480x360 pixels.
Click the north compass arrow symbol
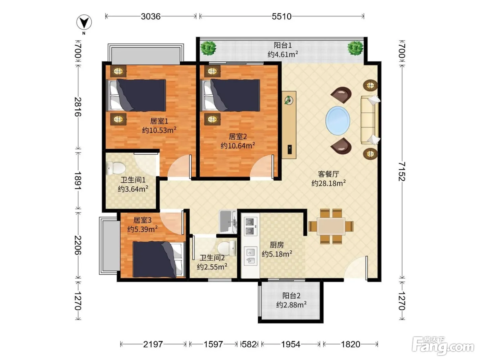click(x=84, y=22)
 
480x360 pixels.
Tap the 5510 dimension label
click(x=281, y=16)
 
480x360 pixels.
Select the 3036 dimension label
click(x=151, y=16)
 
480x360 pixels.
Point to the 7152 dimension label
click(x=402, y=171)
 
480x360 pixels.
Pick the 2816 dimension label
click(x=78, y=107)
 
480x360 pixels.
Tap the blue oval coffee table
click(x=338, y=121)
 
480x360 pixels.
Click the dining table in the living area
click(x=331, y=226)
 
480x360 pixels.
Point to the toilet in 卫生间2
click(x=227, y=248)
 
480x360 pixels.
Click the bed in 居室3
click(x=158, y=260)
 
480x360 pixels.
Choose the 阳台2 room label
click(x=291, y=296)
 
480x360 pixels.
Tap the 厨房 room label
click(x=277, y=245)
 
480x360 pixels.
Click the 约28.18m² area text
click(x=328, y=183)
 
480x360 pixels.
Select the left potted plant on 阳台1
click(x=208, y=48)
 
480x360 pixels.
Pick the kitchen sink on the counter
click(x=251, y=256)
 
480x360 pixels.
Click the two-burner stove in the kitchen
click(x=250, y=226)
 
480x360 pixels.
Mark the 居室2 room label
click(x=238, y=136)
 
